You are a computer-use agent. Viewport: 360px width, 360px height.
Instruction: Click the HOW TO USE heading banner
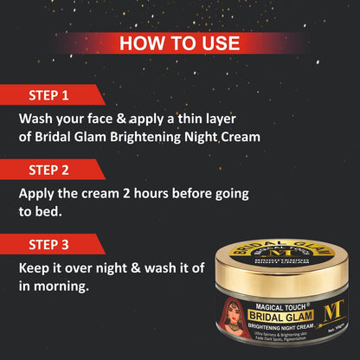click(180, 43)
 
